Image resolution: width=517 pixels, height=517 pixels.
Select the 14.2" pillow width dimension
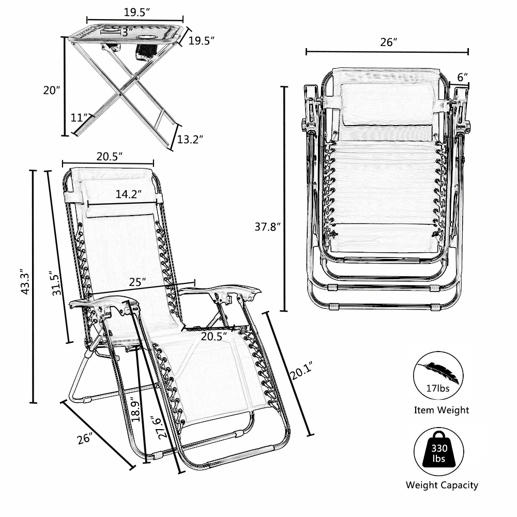coord(129,194)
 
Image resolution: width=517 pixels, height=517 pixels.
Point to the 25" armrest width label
coord(136,282)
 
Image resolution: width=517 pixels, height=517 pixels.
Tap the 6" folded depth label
coord(463,76)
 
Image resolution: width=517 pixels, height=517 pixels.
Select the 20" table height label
coord(52,90)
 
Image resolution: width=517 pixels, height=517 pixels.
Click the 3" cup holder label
coord(124,32)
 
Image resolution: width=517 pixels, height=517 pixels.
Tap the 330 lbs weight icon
coord(441,450)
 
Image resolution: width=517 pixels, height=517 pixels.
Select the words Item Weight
coord(442,410)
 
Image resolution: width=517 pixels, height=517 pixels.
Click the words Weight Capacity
coord(442,485)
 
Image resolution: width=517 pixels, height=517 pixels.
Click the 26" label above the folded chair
coord(387,42)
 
